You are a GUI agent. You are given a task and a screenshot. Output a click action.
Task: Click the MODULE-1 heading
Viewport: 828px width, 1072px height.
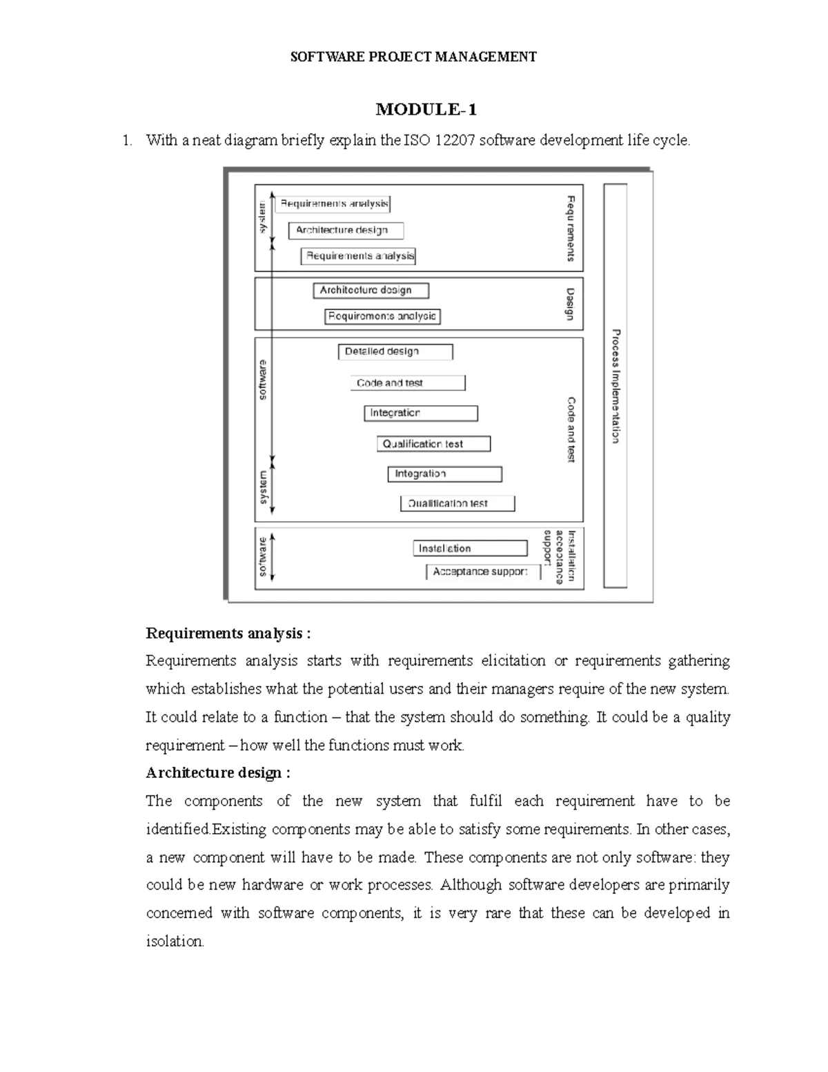point(426,110)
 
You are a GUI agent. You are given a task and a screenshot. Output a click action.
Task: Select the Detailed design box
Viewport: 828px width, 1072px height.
point(395,352)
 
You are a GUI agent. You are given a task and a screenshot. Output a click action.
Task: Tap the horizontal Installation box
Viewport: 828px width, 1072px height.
point(470,549)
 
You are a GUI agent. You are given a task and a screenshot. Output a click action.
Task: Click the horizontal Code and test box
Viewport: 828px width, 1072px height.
point(408,383)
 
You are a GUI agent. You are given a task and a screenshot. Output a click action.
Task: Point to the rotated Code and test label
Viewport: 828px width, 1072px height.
point(571,429)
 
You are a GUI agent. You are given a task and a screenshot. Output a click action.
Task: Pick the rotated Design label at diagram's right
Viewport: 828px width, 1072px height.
point(570,304)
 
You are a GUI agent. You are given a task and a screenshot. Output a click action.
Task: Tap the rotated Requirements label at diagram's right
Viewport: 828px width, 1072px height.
point(571,228)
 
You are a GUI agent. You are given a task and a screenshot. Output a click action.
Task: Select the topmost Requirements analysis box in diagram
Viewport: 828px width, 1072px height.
point(334,204)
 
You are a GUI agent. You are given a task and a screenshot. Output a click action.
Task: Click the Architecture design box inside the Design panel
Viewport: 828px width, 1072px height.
point(371,291)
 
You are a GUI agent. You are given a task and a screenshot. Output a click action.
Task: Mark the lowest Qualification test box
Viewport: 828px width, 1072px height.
point(457,504)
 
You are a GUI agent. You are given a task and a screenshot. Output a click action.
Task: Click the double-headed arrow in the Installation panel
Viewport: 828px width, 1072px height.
point(274,556)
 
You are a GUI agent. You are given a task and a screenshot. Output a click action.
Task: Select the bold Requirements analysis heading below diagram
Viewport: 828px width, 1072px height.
point(228,633)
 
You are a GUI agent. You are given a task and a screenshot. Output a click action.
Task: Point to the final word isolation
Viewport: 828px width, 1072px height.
point(175,942)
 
